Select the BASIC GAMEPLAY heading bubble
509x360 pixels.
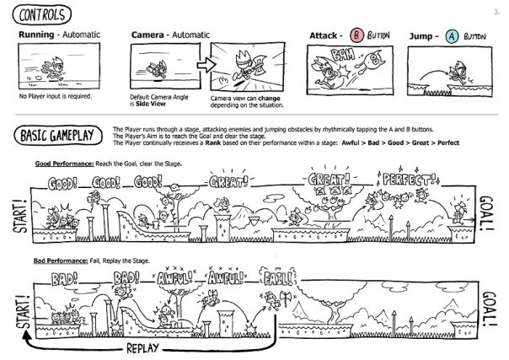tap(58, 134)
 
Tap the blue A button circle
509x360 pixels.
tap(451, 35)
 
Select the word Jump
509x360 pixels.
tap(421, 36)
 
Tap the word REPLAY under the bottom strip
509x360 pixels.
tap(146, 347)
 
